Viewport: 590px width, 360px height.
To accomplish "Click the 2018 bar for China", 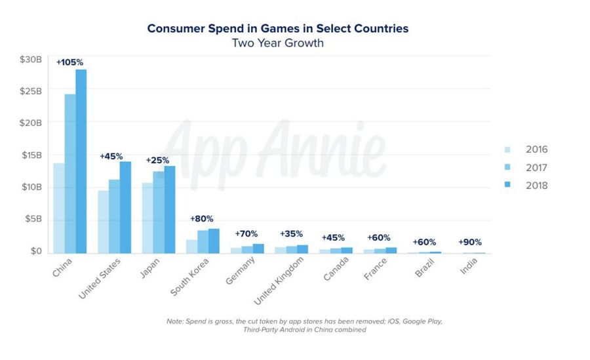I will [81, 161].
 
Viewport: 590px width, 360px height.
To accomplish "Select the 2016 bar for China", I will [59, 208].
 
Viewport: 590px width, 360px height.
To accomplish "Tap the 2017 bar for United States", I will [114, 216].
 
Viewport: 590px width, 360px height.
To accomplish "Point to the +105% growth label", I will [70, 62].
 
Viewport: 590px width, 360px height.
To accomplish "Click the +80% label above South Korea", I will [202, 218].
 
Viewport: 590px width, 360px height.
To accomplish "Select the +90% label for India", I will [470, 242].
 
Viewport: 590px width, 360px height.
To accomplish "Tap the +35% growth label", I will [291, 233].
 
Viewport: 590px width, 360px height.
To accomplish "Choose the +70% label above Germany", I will [246, 233].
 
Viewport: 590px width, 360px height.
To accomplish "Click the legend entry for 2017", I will [536, 168].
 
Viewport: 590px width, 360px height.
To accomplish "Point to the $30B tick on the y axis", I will [30, 60].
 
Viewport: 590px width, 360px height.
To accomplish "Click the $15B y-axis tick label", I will [30, 155].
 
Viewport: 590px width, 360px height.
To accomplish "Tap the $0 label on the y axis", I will [35, 251].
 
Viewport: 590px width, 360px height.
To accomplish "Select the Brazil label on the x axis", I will [426, 270].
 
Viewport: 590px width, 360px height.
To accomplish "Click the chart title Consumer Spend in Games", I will [277, 28].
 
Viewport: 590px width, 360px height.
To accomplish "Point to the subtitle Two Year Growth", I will [277, 43].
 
